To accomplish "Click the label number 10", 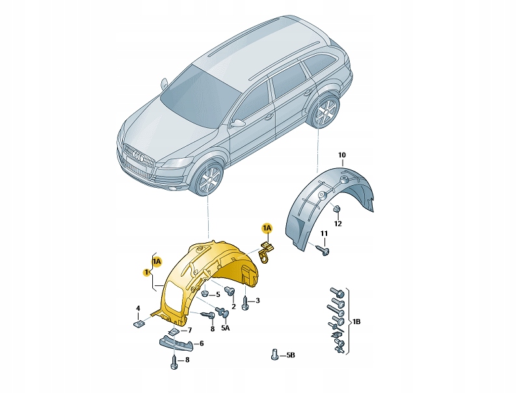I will [342, 155].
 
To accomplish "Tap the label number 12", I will [338, 224].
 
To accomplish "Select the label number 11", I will [324, 233].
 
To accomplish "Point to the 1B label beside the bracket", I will [356, 322].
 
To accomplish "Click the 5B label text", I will [291, 355].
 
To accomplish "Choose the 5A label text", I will [226, 329].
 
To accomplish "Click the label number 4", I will [138, 308].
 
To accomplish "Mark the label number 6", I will [201, 344].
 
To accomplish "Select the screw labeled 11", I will [324, 248].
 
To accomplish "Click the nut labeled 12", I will [338, 209].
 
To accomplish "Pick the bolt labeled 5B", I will [274, 355].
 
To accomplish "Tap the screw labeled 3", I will [245, 301].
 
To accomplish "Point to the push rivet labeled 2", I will [229, 292].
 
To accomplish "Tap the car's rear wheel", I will [325, 114].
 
